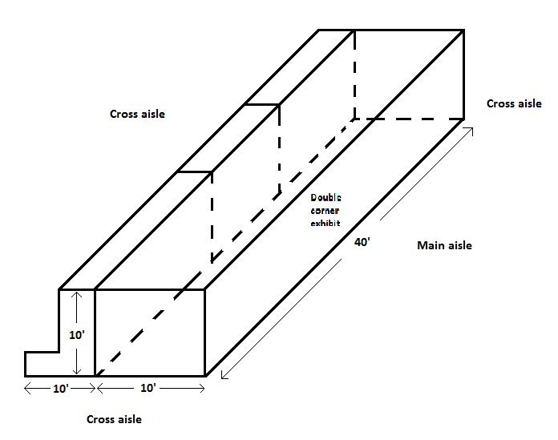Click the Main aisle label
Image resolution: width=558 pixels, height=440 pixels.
pos(444,245)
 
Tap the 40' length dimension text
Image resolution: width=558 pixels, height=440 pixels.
pos(362,242)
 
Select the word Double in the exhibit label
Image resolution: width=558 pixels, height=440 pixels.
pos(326,198)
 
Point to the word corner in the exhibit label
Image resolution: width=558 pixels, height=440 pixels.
pos(326,210)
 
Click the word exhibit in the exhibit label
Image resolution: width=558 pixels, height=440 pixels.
pos(326,223)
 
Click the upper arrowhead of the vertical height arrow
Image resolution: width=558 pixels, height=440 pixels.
pos(77,296)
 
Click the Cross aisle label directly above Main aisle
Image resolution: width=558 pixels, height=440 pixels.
pos(514,103)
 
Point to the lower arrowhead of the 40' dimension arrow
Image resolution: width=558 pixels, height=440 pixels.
pos(224,376)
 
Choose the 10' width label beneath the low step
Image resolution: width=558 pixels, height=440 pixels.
pos(60,388)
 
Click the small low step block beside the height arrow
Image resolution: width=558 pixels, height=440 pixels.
pos(42,363)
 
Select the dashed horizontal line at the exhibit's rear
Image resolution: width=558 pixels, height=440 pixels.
pos(409,119)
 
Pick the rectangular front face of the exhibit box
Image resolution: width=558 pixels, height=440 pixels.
pos(150,332)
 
